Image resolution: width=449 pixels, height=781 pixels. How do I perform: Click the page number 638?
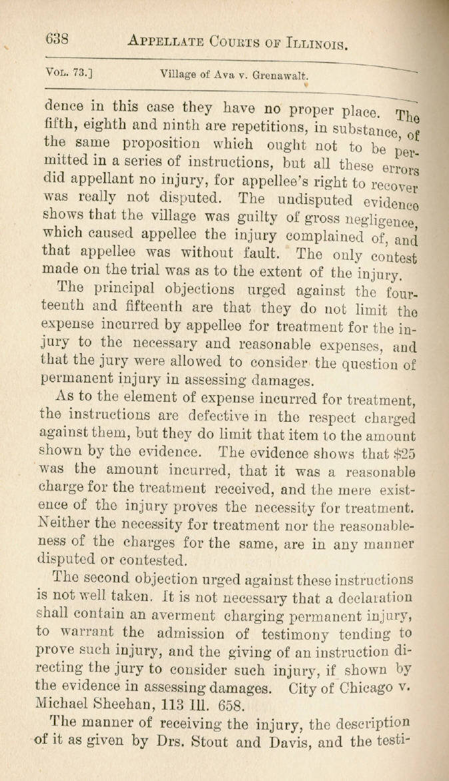click(x=57, y=39)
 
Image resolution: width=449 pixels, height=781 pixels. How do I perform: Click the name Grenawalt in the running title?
click(x=275, y=77)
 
